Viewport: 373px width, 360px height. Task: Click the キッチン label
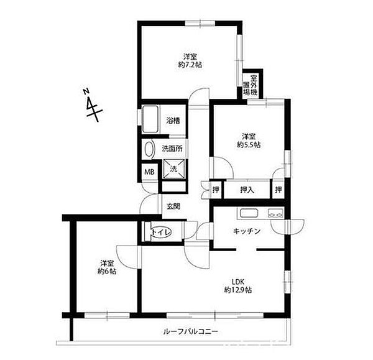(x=247, y=231)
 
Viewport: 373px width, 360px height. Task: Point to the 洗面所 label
(x=172, y=149)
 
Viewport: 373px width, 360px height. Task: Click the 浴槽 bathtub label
(x=173, y=121)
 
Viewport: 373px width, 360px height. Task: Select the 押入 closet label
(x=247, y=188)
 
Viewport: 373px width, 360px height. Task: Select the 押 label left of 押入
(x=215, y=188)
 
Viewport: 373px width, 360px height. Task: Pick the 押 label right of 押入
(x=279, y=188)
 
